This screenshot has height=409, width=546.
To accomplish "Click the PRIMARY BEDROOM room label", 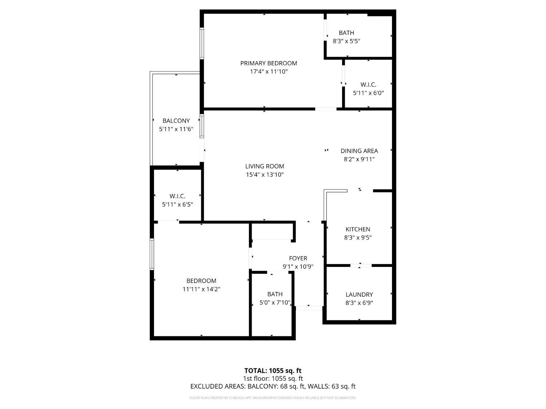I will [269, 63].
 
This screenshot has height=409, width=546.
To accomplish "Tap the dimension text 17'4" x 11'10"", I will [269, 72].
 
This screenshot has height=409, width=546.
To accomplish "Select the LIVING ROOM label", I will [265, 166].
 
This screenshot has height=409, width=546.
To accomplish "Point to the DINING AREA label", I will [359, 151].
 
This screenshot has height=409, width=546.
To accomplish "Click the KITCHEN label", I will [358, 229].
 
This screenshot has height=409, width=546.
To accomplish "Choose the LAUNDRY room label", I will [359, 294].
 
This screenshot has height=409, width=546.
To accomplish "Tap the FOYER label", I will [298, 258].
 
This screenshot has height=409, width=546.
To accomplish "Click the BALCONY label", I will [176, 121].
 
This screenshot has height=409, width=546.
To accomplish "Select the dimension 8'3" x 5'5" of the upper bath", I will [347, 41].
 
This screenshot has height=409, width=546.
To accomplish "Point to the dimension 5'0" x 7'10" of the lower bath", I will [275, 302].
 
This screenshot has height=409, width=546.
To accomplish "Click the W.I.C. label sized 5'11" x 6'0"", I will [368, 84].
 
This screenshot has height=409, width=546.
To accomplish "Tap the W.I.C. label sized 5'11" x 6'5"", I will [177, 196].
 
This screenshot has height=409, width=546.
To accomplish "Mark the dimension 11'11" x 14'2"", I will [201, 289].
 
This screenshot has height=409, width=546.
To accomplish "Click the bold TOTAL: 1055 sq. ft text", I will [273, 370].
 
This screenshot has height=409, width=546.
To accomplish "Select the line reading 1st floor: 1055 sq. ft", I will [273, 378].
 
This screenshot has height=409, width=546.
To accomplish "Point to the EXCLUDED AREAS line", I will [273, 386].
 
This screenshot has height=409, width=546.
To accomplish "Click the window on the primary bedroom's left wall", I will [202, 43].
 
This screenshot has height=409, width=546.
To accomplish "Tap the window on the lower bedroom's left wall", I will [152, 254].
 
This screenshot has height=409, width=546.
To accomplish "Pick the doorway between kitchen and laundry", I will [361, 265].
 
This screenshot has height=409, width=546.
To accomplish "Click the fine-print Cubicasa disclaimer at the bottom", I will [273, 398].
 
